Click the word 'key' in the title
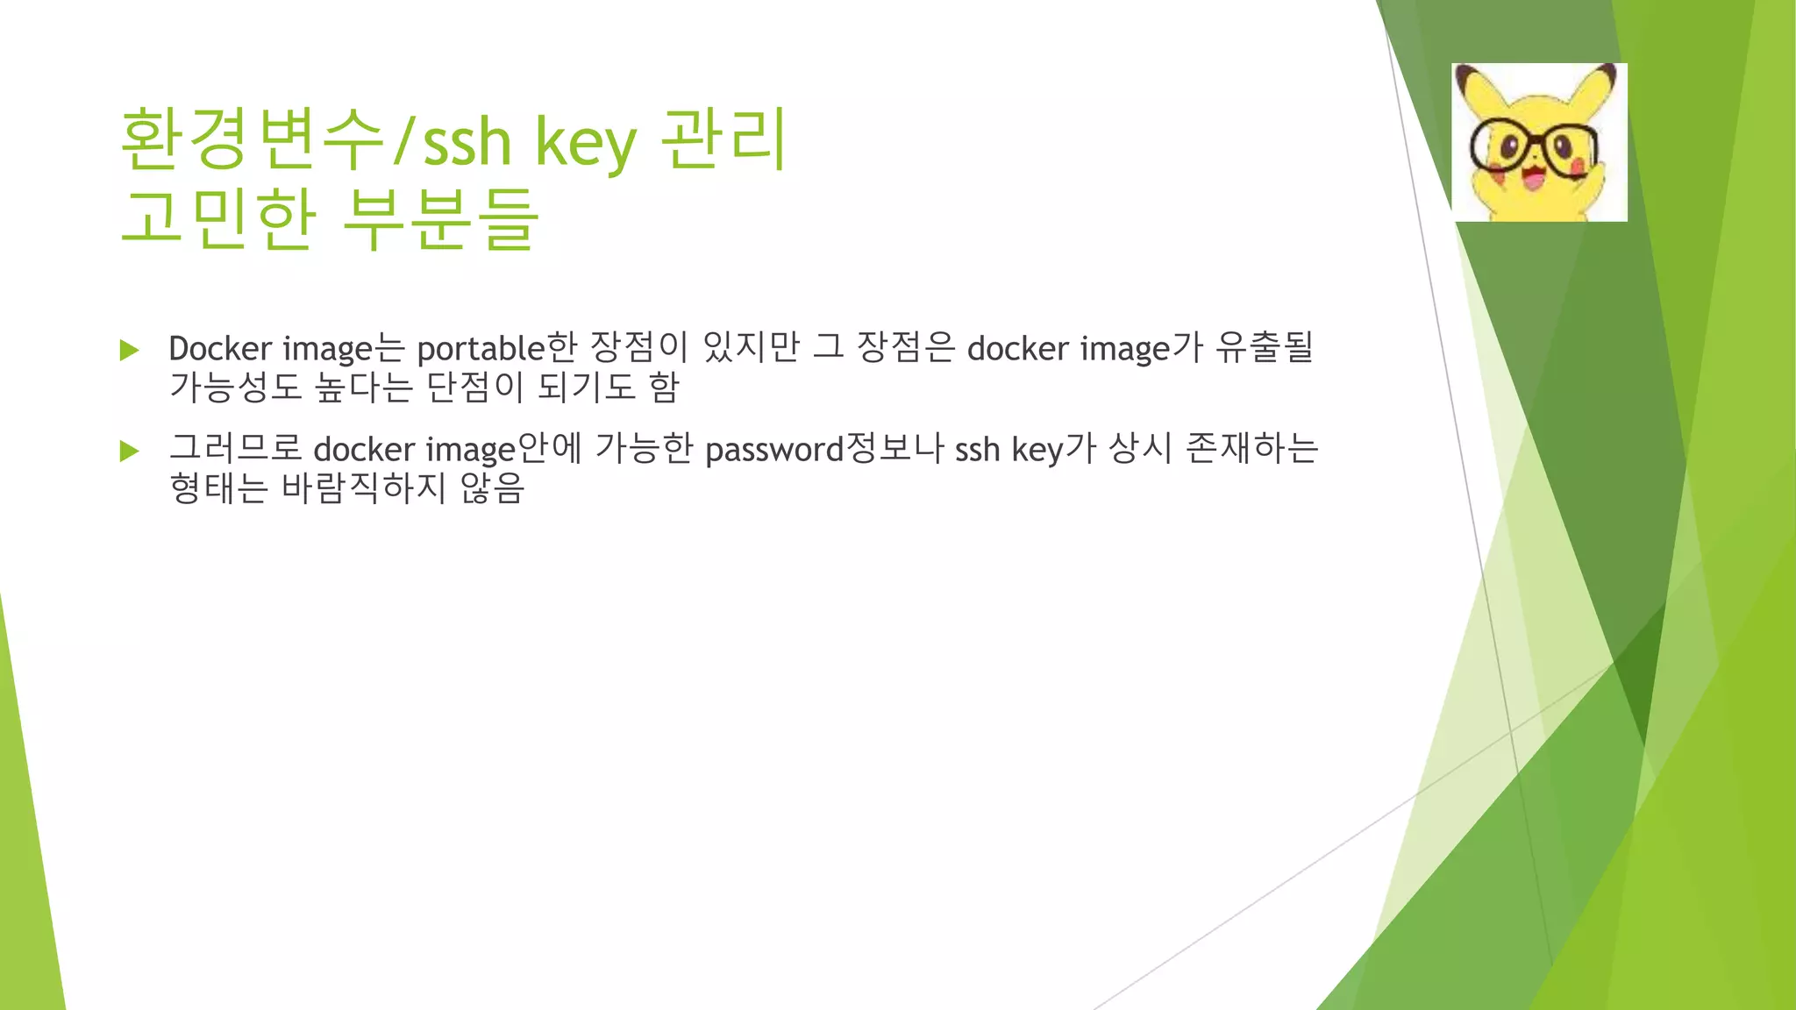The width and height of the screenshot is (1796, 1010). click(x=585, y=142)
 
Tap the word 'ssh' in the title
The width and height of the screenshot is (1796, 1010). click(x=467, y=142)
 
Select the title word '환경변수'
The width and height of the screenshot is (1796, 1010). click(x=253, y=140)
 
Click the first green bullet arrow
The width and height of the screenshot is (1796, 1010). click(x=130, y=351)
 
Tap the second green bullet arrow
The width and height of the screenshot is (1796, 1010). click(x=130, y=452)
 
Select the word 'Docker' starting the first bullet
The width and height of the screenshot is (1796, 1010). click(x=220, y=349)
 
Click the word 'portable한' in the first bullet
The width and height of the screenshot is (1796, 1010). click(x=496, y=349)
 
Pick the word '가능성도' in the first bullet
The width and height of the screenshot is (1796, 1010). click(x=235, y=387)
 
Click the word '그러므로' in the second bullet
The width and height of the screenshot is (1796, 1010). click(x=235, y=448)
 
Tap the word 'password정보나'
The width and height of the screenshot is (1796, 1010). click(x=823, y=449)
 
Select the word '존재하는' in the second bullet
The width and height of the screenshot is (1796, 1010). click(x=1251, y=448)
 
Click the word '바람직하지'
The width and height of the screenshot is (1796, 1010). click(x=365, y=487)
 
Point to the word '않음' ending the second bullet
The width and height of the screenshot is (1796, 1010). click(x=492, y=487)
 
